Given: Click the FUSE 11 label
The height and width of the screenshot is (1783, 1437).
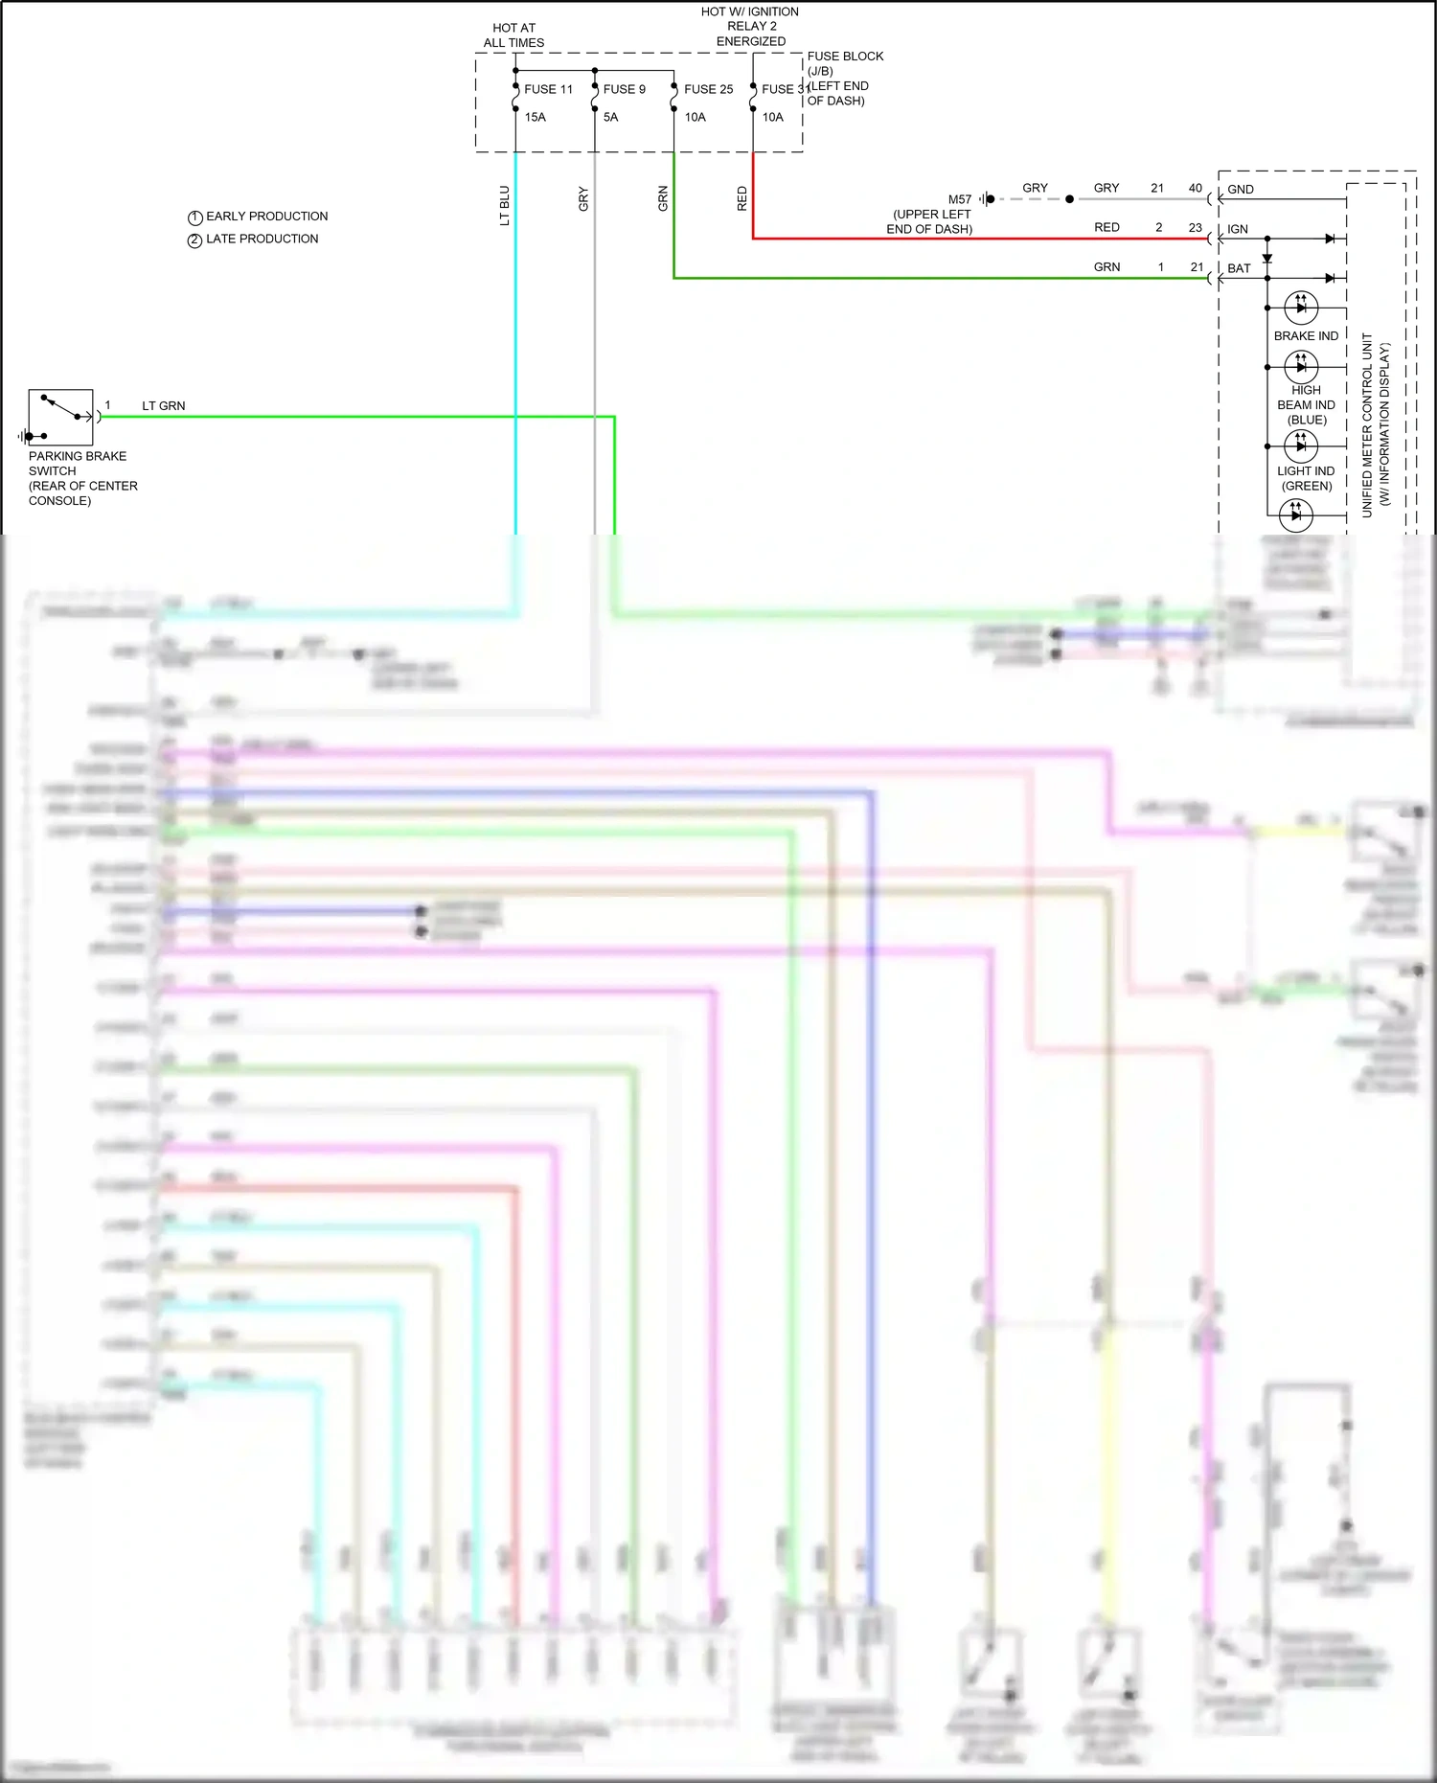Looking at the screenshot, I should point(548,89).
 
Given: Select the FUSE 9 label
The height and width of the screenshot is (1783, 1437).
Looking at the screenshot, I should point(624,89).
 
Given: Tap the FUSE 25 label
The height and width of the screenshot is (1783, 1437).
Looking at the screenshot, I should point(708,89).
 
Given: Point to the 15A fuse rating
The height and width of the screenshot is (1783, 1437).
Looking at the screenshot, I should point(535,117).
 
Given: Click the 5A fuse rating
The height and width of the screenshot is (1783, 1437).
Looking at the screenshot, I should point(610,117).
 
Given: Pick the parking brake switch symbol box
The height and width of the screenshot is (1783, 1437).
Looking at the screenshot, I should point(60,417).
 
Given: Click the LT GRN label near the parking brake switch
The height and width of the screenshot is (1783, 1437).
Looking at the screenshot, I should point(164,406).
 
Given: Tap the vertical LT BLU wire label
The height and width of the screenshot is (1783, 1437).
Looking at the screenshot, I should point(505,206).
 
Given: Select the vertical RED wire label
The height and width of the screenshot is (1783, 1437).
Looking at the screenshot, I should point(741,199).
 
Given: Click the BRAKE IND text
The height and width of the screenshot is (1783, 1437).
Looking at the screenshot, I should point(1306,336).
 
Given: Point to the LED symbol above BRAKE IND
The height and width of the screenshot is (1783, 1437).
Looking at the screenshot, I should point(1301,308).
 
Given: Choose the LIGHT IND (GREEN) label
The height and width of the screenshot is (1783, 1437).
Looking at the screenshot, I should point(1306,478).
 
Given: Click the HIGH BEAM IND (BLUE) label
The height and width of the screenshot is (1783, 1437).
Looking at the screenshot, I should point(1306,405).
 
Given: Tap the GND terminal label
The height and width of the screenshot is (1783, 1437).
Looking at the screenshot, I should point(1241,190).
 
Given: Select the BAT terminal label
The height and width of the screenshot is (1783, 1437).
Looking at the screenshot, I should point(1239,268).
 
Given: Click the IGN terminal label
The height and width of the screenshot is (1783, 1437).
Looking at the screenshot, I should point(1238,229).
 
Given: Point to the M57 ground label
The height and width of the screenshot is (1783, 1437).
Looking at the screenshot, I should point(960,199).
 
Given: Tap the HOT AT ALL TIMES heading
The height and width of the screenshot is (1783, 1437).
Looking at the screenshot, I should point(513,35).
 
